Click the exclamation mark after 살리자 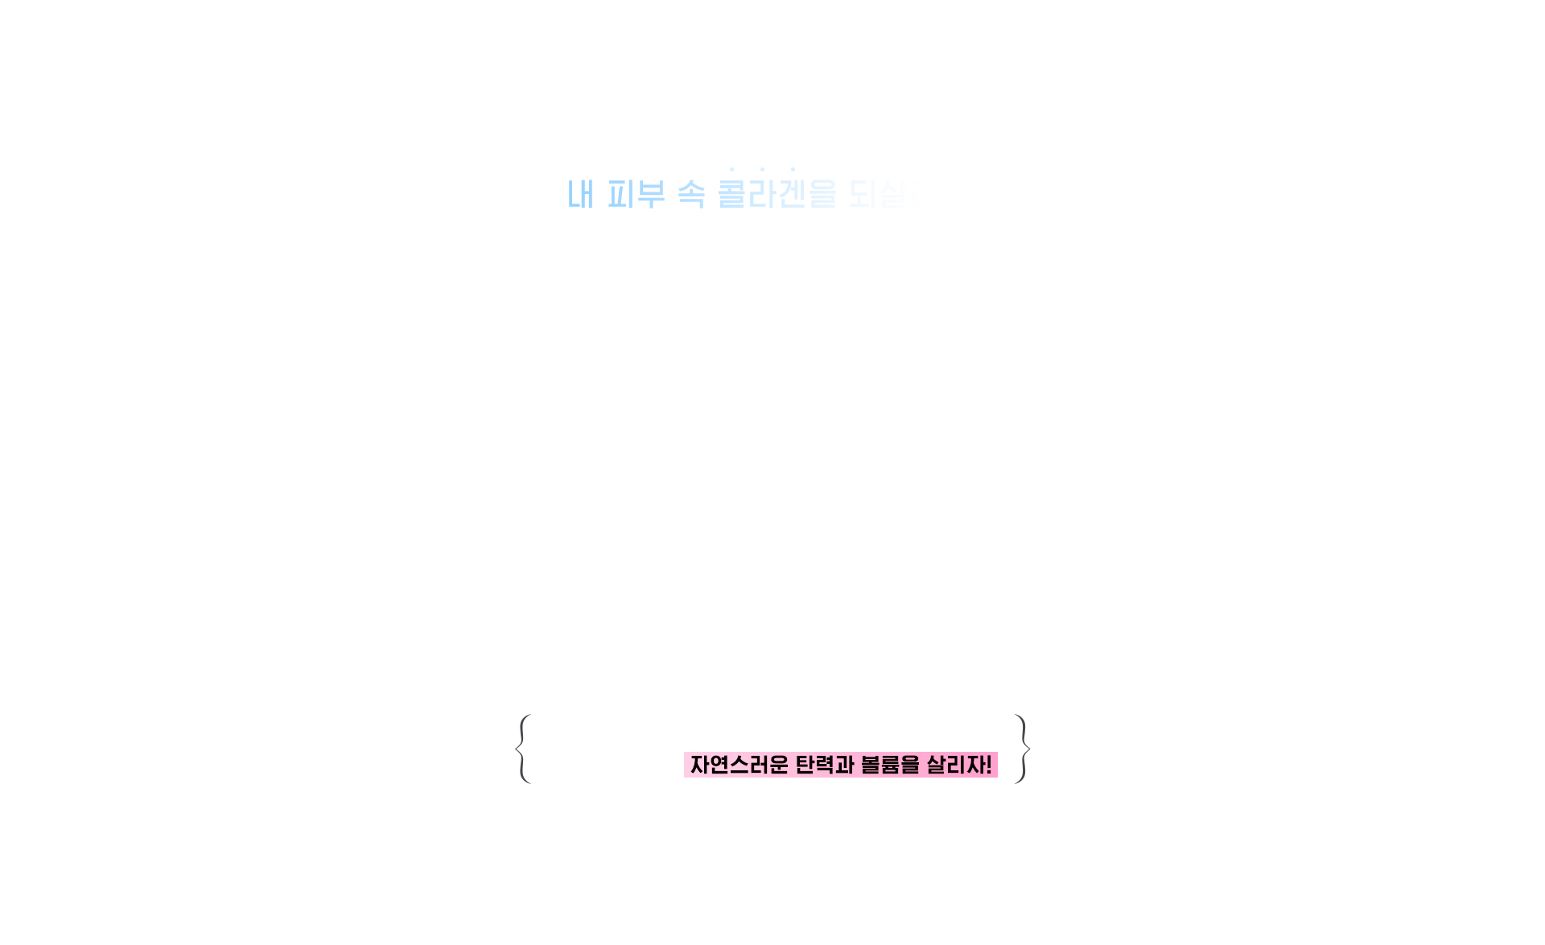tap(988, 765)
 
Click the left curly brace tap(523, 749)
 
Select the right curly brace tap(1022, 749)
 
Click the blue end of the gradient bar tap(579, 194)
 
